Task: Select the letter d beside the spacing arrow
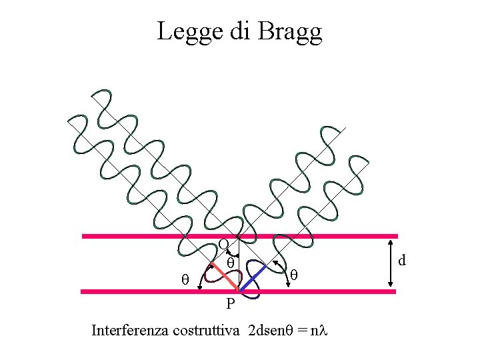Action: [x=403, y=261]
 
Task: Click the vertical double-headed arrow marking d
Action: [x=391, y=263]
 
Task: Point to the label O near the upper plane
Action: [x=224, y=244]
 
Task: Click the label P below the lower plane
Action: [x=229, y=305]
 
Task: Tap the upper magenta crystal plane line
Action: [x=133, y=236]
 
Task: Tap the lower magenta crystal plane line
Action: [x=133, y=291]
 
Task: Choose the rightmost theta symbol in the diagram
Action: [x=293, y=273]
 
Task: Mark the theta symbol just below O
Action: [x=230, y=263]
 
